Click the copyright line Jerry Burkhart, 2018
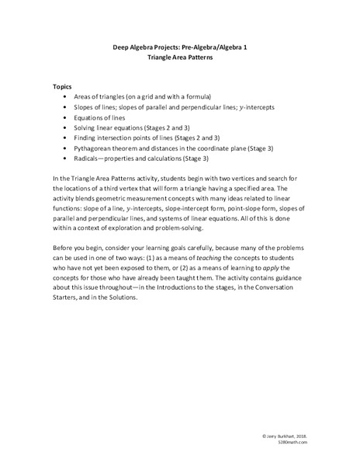(x=284, y=437)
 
